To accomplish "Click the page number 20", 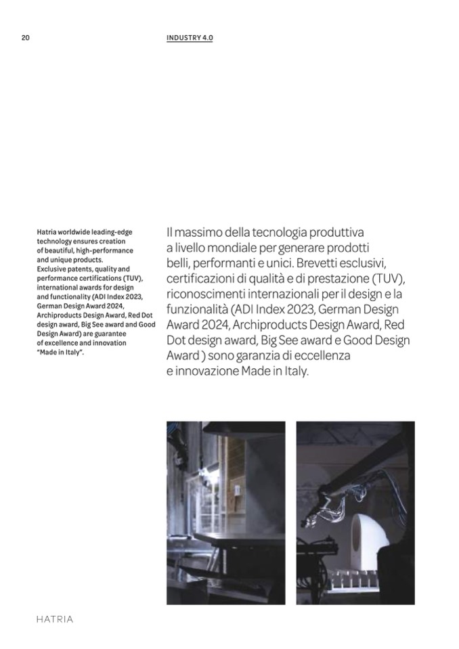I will [25, 38].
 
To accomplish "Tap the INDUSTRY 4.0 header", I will [190, 38].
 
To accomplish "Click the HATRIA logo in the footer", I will [54, 619].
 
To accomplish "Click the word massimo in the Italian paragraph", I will [198, 231].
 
